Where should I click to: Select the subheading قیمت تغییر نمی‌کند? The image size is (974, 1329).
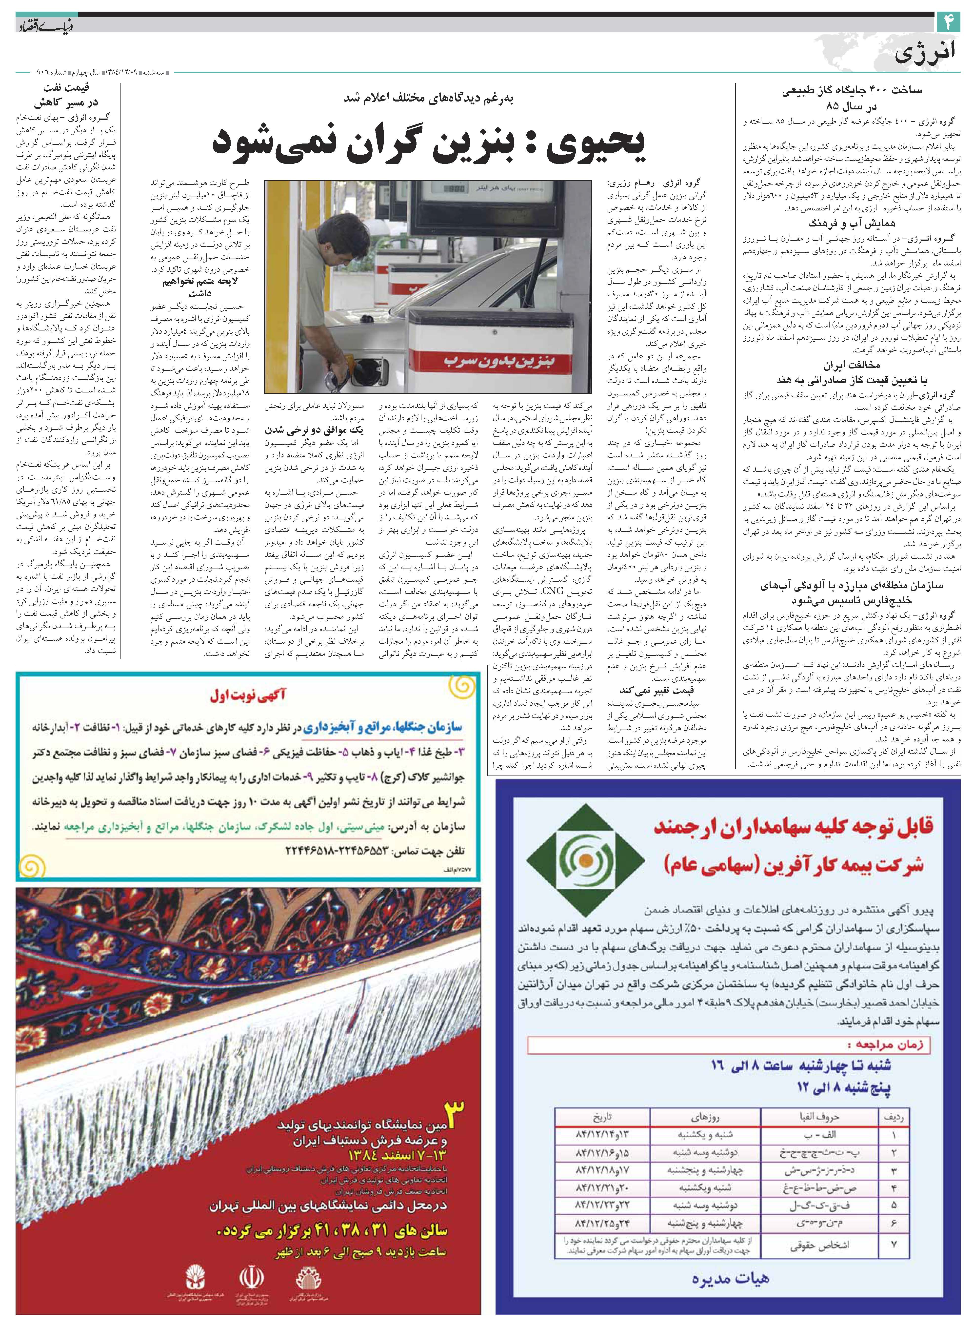tap(656, 690)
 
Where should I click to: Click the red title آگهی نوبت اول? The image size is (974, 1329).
tap(248, 695)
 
